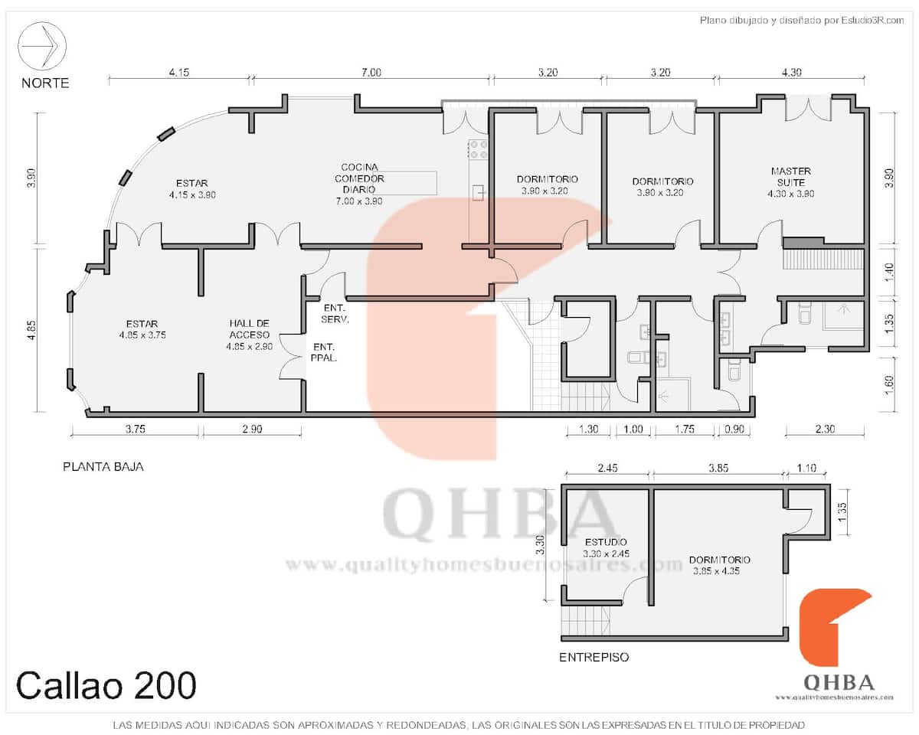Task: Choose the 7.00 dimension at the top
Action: pyautogui.click(x=371, y=72)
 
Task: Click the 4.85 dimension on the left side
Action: pyautogui.click(x=31, y=330)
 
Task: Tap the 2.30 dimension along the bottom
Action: pyautogui.click(x=825, y=429)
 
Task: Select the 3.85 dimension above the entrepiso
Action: pyautogui.click(x=718, y=468)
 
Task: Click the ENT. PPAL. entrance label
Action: pyautogui.click(x=324, y=352)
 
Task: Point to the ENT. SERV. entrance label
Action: pyautogui.click(x=335, y=313)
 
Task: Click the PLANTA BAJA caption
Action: pyautogui.click(x=103, y=467)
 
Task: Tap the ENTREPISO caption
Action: pyautogui.click(x=594, y=657)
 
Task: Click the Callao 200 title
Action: pyautogui.click(x=106, y=685)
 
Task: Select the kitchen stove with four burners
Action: pyautogui.click(x=479, y=149)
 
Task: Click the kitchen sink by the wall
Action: pyautogui.click(x=479, y=193)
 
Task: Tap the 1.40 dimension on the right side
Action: pyautogui.click(x=888, y=272)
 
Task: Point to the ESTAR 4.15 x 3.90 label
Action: pyautogui.click(x=192, y=189)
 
